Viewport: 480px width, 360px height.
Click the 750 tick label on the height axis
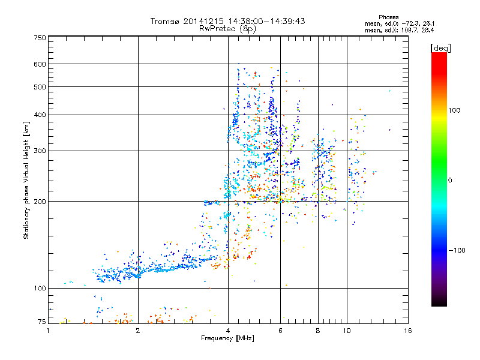(40, 38)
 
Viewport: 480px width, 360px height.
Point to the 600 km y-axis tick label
(40, 64)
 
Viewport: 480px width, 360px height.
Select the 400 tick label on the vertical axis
(40, 115)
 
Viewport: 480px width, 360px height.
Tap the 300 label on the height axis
(40, 151)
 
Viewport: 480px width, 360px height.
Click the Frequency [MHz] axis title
(227, 339)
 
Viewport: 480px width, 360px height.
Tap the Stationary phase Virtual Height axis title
(26, 181)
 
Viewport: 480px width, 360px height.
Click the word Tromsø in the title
(166, 21)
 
